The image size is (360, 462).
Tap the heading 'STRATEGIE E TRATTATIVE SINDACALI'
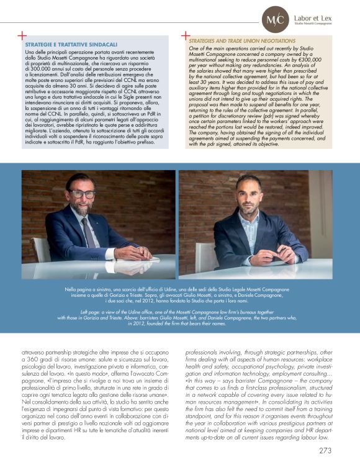click(x=71, y=45)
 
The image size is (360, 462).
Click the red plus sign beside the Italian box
click(x=23, y=37)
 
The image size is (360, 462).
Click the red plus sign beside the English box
click(x=185, y=37)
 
